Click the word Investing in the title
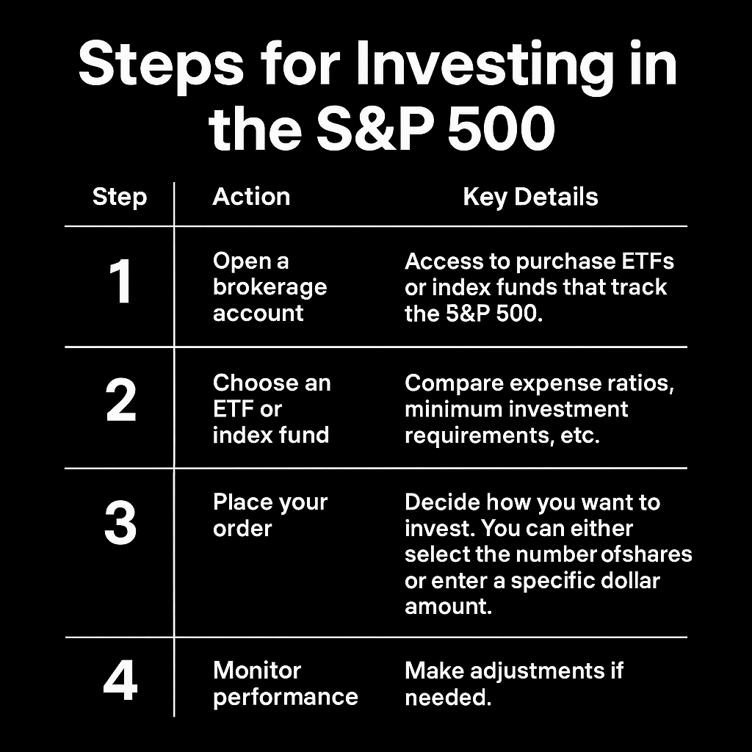click(x=485, y=66)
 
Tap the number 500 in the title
click(x=501, y=129)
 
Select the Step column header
click(x=120, y=198)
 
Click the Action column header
click(x=251, y=197)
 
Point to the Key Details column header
click(x=530, y=197)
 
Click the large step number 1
click(x=120, y=281)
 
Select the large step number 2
click(x=120, y=400)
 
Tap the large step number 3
click(x=120, y=523)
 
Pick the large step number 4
click(x=120, y=681)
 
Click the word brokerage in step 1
click(x=270, y=288)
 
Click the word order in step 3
click(x=242, y=529)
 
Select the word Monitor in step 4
click(x=257, y=670)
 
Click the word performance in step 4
click(x=286, y=698)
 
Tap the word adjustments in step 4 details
click(x=537, y=671)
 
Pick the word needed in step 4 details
click(x=448, y=698)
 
